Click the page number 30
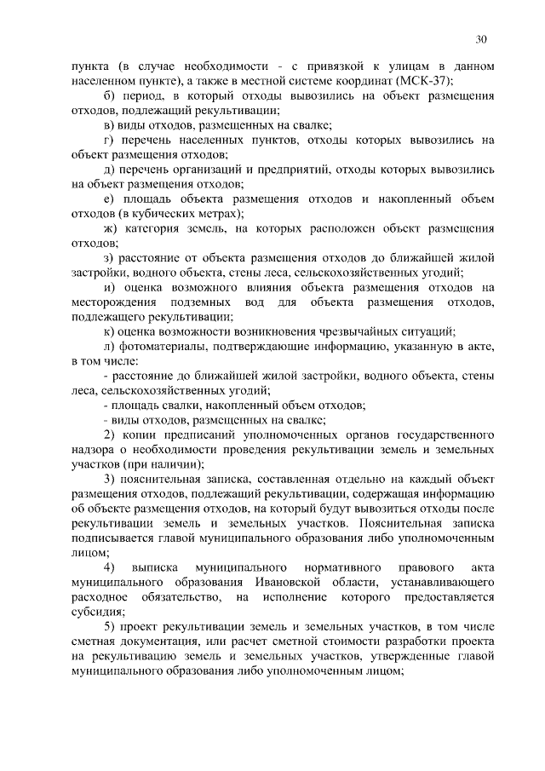[481, 39]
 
